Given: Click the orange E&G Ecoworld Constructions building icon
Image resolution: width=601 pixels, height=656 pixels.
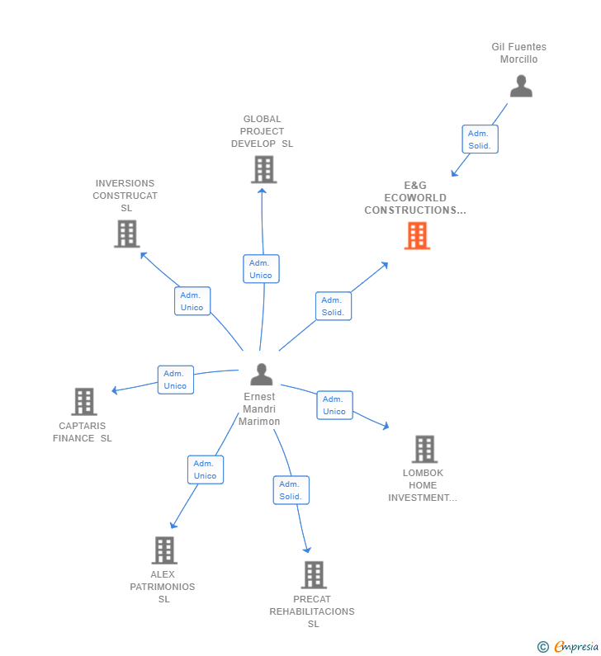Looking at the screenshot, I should (417, 236).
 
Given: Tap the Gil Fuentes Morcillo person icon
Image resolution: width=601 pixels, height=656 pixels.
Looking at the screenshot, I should (521, 86).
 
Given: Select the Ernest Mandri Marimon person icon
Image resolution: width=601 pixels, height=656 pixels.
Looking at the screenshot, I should (261, 375).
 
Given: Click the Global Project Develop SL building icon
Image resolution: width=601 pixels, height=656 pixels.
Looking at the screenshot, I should (263, 169).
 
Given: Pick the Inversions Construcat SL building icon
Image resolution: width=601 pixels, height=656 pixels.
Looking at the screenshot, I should (126, 234).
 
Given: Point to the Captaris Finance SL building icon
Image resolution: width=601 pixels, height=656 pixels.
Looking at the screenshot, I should (84, 402).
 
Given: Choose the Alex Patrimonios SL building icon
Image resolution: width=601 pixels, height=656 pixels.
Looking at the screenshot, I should (164, 550).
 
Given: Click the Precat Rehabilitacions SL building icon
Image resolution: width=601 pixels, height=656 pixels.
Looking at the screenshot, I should (314, 575).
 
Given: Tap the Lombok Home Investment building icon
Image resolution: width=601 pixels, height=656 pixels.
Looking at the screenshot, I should (424, 450).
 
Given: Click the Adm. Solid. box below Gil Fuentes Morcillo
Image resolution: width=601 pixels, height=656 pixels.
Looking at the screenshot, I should (480, 139).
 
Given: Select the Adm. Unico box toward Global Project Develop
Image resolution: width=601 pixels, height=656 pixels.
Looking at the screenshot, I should (261, 269).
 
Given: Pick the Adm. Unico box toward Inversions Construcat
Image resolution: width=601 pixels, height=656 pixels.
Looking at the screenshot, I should (192, 301).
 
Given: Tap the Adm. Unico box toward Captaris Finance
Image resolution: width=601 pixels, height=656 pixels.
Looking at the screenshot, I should (175, 380).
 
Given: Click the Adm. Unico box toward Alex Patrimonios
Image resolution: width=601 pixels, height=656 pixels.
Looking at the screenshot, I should (205, 470).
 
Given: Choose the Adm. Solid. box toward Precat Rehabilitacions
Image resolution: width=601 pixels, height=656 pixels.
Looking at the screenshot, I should (291, 490).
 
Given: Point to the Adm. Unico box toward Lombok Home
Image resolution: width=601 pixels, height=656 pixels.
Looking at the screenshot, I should (334, 405).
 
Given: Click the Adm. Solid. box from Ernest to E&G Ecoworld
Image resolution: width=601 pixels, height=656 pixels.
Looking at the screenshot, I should (333, 306).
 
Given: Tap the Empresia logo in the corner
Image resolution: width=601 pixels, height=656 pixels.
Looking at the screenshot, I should (568, 647).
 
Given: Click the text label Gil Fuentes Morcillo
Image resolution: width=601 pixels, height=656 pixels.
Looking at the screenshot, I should (519, 54).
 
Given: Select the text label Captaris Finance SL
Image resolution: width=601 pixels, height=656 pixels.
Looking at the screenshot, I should (83, 432).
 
